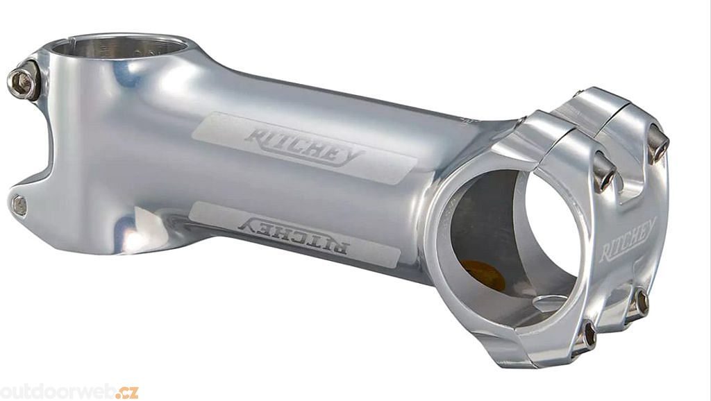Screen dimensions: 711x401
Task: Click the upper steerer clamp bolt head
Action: coord(23,83)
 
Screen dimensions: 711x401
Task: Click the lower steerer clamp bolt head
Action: coord(19,206)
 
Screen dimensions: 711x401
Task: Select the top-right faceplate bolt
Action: coord(658,142)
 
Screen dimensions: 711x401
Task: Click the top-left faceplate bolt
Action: coord(605,171)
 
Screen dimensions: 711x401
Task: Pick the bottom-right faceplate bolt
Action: coord(639,304)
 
